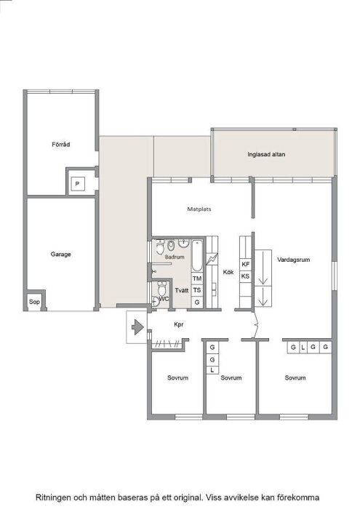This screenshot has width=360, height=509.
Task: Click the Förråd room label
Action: click(x=61, y=145)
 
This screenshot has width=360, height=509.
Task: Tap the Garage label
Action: click(x=60, y=254)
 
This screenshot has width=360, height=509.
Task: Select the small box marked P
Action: click(x=77, y=185)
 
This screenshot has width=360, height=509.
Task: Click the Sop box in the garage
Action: click(x=33, y=301)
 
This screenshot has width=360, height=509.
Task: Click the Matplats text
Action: click(x=199, y=209)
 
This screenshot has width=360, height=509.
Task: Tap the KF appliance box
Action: click(x=246, y=264)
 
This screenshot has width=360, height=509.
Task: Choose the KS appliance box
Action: click(x=246, y=276)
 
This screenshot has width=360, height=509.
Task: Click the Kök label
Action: click(x=228, y=272)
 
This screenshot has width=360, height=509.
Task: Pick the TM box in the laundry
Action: click(x=196, y=278)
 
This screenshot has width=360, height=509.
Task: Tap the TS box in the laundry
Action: click(x=196, y=289)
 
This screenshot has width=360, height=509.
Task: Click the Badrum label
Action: click(x=175, y=257)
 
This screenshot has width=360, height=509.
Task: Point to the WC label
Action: click(x=164, y=299)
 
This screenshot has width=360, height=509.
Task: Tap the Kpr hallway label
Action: click(x=177, y=325)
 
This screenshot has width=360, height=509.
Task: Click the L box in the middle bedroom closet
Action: click(x=212, y=371)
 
